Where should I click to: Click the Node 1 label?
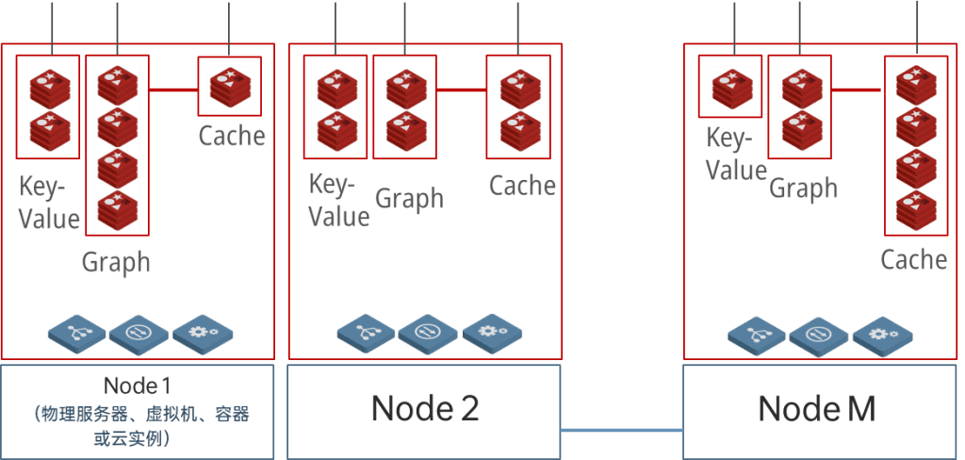coord(138,386)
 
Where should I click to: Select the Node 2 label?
coord(425,408)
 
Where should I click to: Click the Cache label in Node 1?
coord(232,136)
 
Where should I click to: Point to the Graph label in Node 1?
coord(116,261)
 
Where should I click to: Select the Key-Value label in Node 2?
coord(338,200)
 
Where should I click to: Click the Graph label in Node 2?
coord(409,198)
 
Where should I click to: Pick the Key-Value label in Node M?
coord(737,156)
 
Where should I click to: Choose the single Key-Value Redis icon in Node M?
coord(729,87)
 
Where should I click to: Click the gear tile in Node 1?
coord(201,333)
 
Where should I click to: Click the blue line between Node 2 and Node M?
coord(621,430)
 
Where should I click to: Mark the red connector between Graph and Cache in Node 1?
coord(172,91)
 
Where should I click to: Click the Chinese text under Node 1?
coord(138,427)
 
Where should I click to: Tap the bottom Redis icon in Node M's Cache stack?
coord(914,211)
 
